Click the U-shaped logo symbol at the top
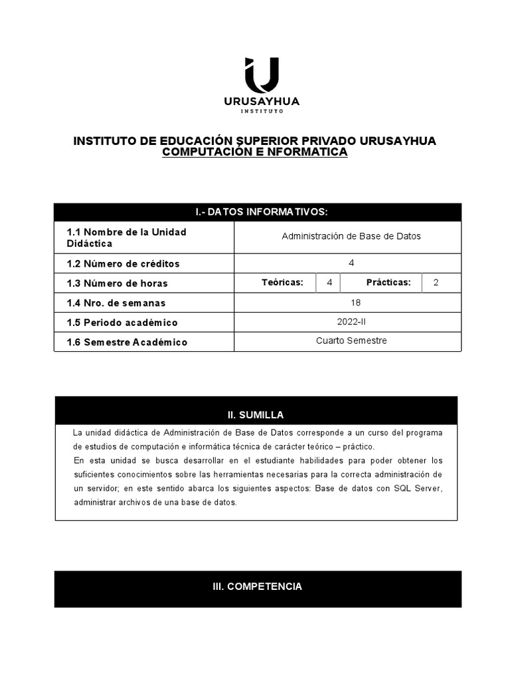[x=262, y=74]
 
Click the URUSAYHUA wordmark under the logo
[x=262, y=102]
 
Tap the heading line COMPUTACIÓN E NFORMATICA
[x=255, y=152]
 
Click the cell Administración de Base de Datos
[x=351, y=236]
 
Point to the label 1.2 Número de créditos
[x=123, y=263]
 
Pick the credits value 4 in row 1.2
[x=351, y=263]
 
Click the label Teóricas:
[x=282, y=283]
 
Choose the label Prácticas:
[x=388, y=283]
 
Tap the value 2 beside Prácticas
[x=436, y=283]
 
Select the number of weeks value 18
[x=351, y=302]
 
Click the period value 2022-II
[x=351, y=322]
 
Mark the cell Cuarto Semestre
[x=351, y=341]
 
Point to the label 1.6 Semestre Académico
[x=127, y=342]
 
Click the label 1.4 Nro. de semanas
[x=116, y=303]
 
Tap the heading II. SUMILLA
[x=256, y=415]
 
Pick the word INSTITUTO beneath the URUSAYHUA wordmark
[x=262, y=112]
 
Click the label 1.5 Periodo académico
[x=122, y=323]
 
